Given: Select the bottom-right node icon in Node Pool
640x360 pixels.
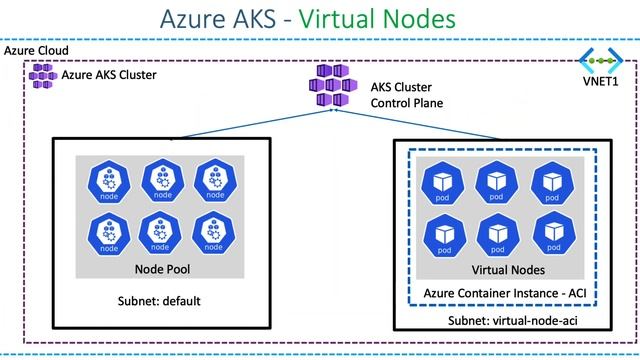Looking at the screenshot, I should pos(215,232).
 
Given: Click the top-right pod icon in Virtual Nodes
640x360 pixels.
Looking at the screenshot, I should pos(552,181).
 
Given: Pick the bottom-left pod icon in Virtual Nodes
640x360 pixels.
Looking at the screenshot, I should pos(445,234).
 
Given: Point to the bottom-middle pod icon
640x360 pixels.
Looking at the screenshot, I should pos(498,234).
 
